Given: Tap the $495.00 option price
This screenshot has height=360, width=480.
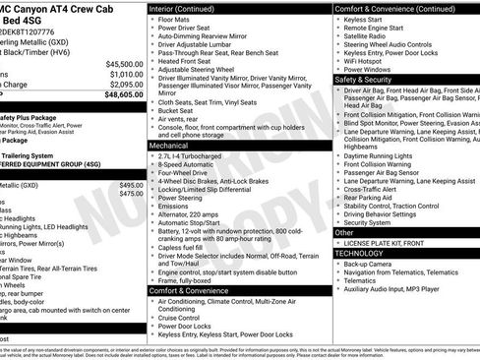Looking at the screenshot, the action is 130,185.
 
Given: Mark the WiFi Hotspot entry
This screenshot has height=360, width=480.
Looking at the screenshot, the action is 366,61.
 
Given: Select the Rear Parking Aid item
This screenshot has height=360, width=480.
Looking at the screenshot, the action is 369,197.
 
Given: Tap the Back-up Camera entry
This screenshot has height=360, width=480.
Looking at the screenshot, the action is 369,264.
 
